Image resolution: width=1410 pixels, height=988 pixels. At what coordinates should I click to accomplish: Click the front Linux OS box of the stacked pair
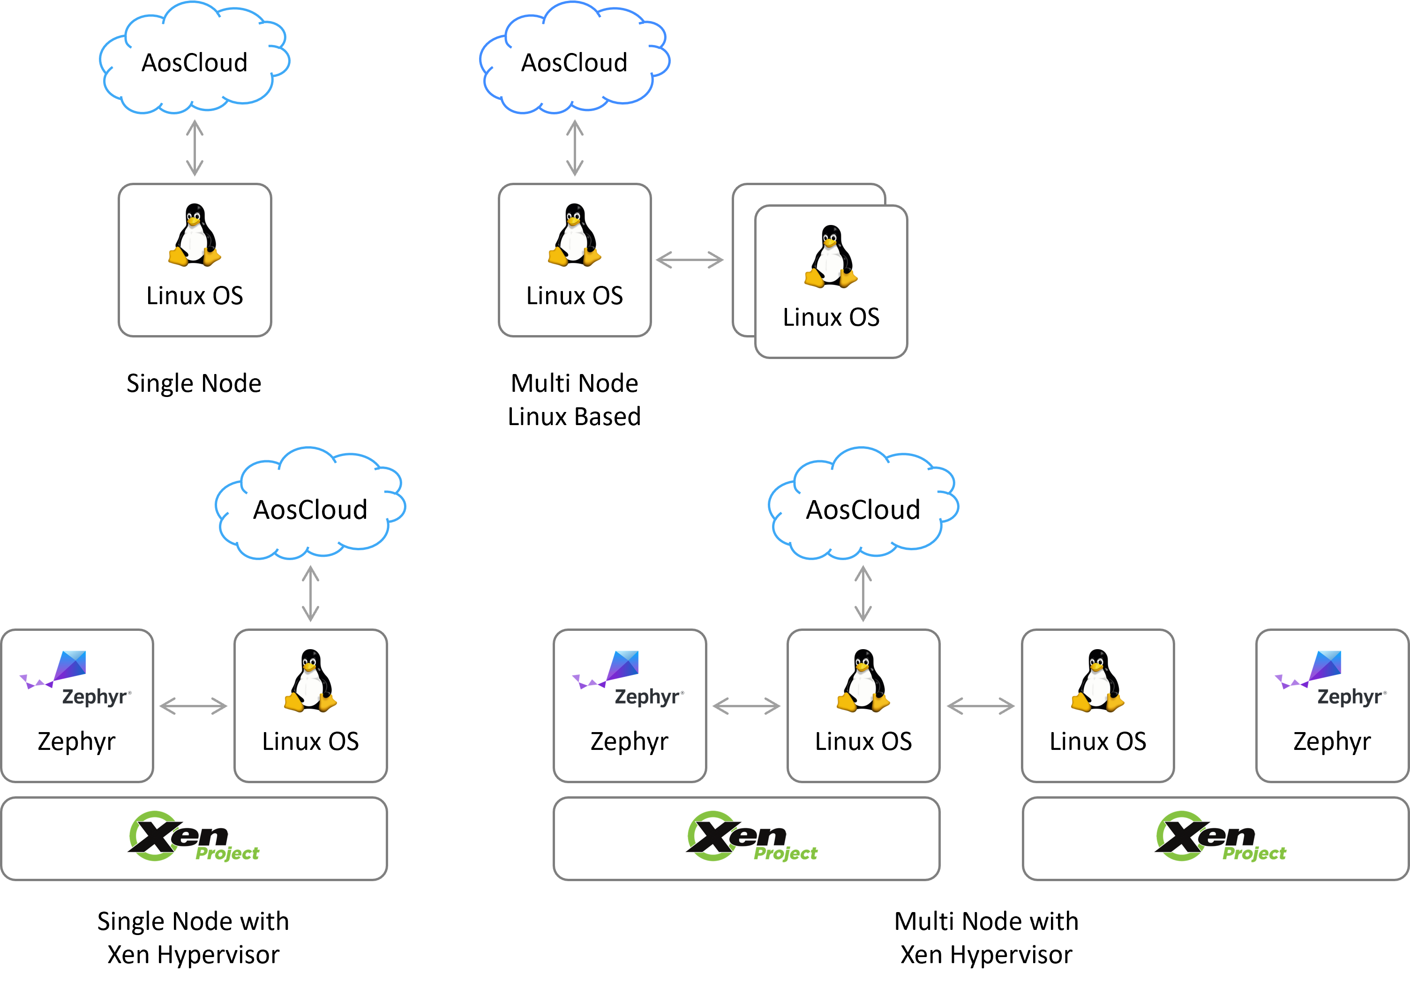pyautogui.click(x=831, y=281)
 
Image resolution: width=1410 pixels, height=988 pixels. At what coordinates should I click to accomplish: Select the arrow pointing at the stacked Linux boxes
pyautogui.click(x=690, y=260)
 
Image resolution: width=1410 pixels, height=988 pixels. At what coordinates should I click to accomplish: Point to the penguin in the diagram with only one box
pyautogui.click(x=195, y=235)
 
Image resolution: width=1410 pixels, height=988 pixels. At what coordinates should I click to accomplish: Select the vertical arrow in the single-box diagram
pyautogui.click(x=195, y=148)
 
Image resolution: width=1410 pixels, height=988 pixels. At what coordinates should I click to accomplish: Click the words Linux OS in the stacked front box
pyautogui.click(x=831, y=317)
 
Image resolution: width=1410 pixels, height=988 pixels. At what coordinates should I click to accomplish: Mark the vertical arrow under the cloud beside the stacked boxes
pyautogui.click(x=574, y=148)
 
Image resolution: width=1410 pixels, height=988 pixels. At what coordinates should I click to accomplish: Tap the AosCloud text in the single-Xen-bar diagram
pyautogui.click(x=310, y=509)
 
